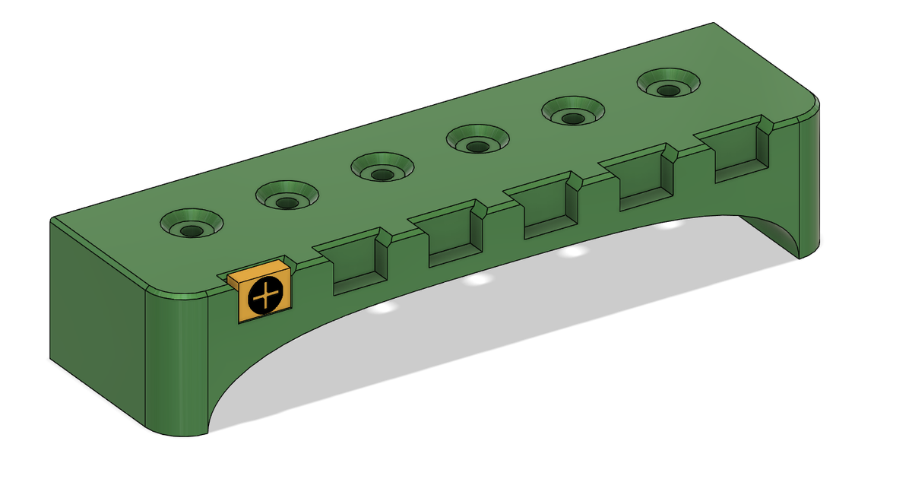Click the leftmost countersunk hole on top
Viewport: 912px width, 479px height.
tap(192, 226)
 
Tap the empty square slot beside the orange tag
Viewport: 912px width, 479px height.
tap(353, 266)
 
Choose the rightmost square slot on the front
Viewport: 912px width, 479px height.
tap(737, 159)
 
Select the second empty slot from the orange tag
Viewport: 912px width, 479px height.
tap(451, 240)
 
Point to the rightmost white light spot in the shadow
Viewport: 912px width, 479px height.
tap(669, 225)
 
